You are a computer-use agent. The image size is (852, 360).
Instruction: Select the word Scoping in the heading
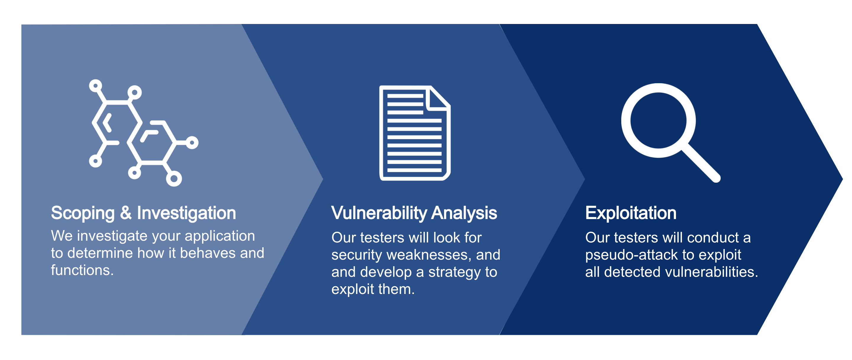point(83,213)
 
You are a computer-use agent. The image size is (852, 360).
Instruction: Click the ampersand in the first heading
point(126,213)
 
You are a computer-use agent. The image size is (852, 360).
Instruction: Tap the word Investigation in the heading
point(187,213)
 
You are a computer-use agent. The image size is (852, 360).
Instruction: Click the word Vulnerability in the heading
point(379,213)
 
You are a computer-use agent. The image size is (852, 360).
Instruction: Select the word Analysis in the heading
point(464,213)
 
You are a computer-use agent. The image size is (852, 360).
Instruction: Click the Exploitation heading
point(631,213)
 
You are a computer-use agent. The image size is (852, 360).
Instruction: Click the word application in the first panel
point(220,236)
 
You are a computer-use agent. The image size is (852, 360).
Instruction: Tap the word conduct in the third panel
point(713,237)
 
